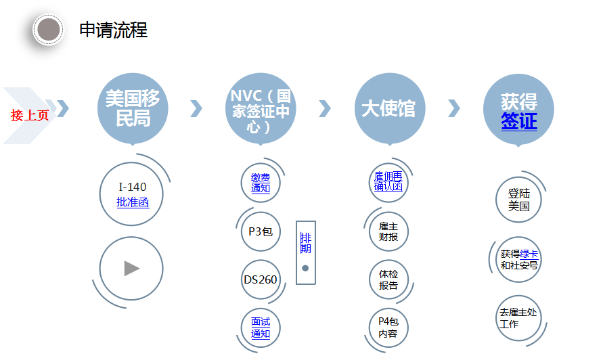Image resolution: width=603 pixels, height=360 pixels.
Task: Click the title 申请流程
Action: [113, 30]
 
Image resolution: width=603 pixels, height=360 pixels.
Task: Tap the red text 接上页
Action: [30, 116]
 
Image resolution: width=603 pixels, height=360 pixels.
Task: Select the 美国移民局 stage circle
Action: [133, 108]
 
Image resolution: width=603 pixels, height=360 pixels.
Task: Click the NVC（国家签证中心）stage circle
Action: [261, 108]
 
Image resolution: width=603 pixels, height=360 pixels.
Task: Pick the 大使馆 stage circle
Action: [389, 108]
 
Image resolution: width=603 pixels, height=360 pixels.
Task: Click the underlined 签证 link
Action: [519, 122]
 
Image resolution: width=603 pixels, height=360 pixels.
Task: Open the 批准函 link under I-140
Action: [133, 202]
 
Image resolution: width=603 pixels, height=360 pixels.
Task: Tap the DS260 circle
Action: [261, 279]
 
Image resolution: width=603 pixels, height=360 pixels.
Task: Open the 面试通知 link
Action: [261, 328]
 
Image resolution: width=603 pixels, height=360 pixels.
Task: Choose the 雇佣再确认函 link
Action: [388, 181]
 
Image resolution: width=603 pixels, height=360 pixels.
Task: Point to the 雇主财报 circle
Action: [388, 231]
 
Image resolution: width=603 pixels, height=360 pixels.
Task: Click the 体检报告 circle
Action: [388, 279]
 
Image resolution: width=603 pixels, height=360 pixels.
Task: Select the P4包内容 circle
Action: [388, 328]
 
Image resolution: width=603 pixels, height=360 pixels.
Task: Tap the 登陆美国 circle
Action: [519, 200]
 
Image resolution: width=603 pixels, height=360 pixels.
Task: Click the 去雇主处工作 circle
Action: [519, 318]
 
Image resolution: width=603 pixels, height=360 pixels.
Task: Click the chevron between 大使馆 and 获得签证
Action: [454, 108]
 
